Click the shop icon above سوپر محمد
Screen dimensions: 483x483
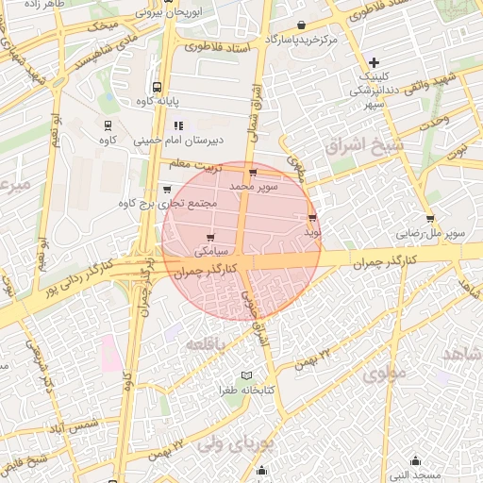253,173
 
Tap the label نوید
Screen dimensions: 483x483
313,230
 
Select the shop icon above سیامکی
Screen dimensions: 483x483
209,238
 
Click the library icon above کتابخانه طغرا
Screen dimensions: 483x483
248,375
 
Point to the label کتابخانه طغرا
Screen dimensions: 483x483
247,390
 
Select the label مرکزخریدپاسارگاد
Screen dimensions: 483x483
303,40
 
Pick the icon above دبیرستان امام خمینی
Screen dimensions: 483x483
177,125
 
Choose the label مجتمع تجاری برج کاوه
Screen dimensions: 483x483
167,203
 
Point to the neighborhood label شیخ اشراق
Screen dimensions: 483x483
362,146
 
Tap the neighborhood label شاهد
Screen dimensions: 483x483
460,353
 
